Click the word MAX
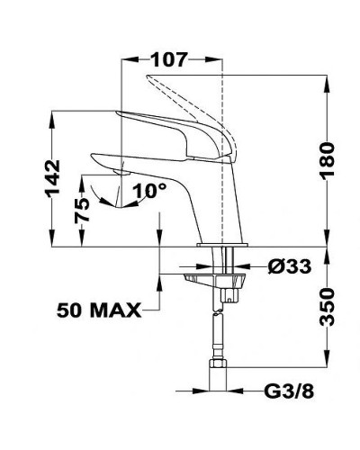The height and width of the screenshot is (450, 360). pyautogui.click(x=116, y=310)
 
